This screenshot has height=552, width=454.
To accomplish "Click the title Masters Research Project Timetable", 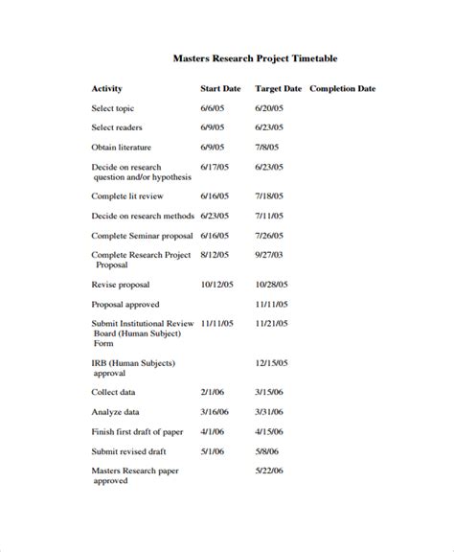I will pos(255,58).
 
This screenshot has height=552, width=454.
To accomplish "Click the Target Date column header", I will pos(279,89).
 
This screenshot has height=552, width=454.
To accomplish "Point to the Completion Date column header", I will pos(343,89).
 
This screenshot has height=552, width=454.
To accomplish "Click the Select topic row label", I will pos(113,108).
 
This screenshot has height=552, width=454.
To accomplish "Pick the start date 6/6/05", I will pos(213,108).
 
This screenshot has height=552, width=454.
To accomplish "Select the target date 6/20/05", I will pos(270,108).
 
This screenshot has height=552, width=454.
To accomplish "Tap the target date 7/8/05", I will pos(268,148).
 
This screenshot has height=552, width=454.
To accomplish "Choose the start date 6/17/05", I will pos(215,167).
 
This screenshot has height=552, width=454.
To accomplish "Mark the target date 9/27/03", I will pos(270,255).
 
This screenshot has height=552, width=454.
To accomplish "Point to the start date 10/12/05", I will pos(217,285).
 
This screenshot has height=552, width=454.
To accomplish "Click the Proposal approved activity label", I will pos(125,304).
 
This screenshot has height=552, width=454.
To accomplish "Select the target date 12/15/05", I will pos(272,363).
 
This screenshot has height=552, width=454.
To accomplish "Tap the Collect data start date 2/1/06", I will pos(213,392).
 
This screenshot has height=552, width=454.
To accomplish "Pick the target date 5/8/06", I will pos(268,451).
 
